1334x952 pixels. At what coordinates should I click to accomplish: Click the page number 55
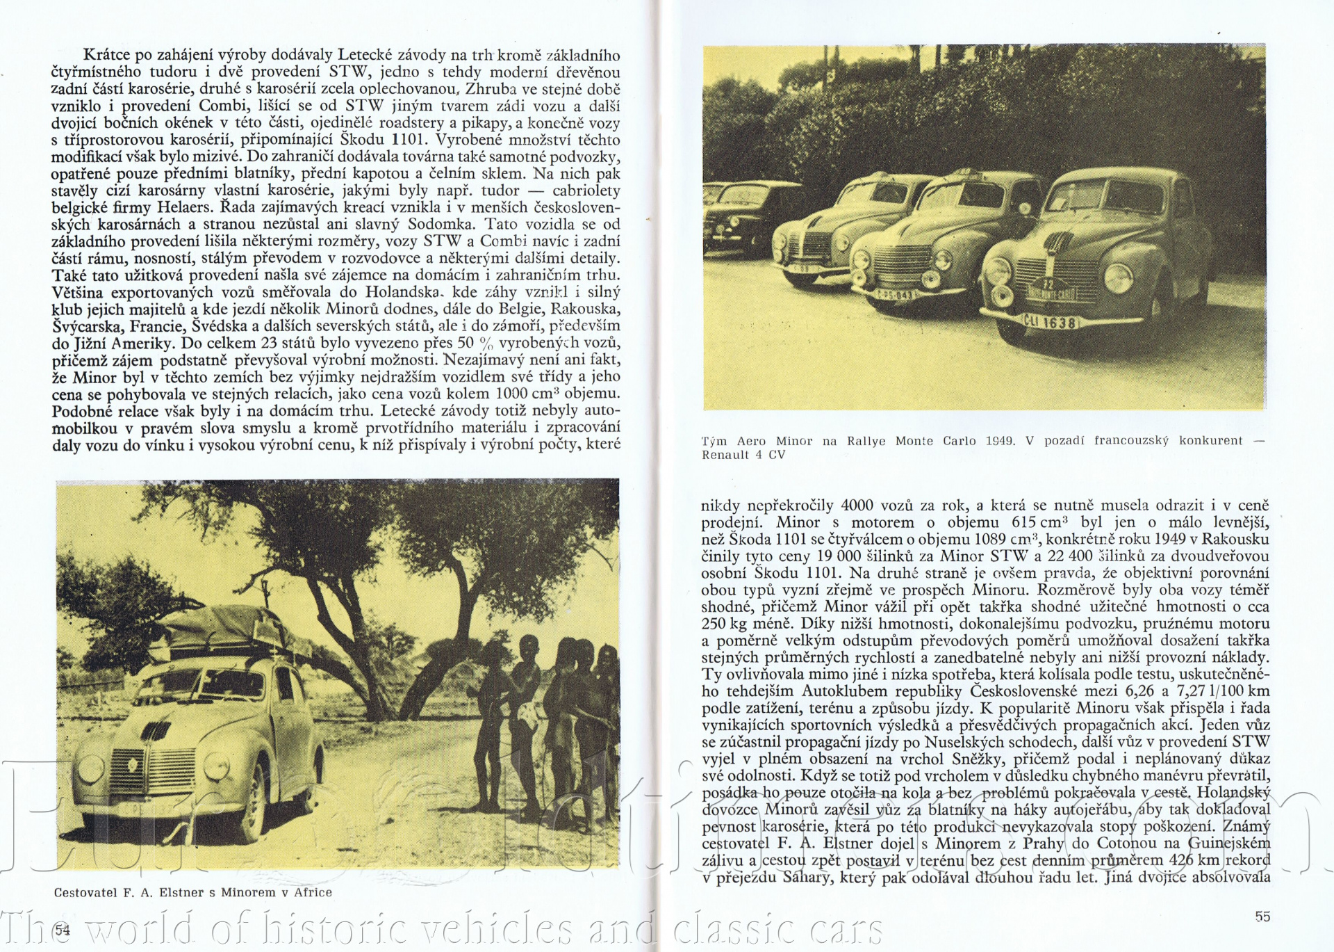click(1262, 917)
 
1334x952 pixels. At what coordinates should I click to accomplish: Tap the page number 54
click(63, 930)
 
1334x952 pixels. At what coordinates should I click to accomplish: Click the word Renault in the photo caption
click(727, 455)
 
